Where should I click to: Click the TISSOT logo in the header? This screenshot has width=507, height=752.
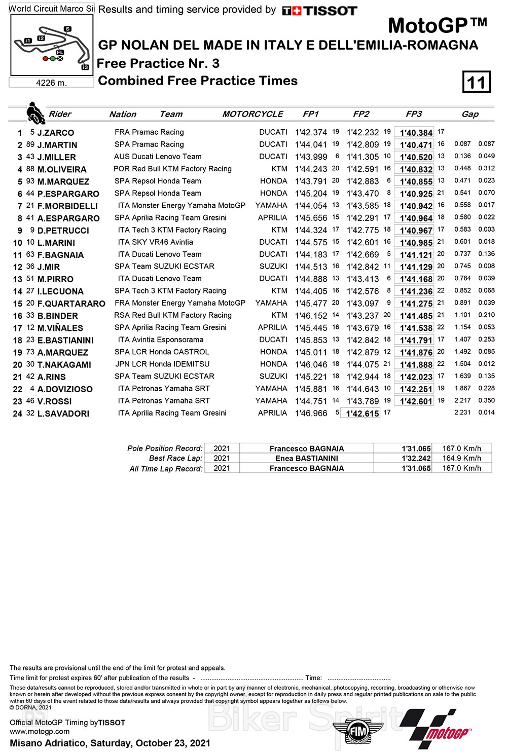(x=319, y=10)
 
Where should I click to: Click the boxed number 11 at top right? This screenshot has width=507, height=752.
(x=476, y=82)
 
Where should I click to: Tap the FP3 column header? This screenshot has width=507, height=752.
(x=414, y=114)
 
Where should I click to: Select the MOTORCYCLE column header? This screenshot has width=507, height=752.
(x=252, y=114)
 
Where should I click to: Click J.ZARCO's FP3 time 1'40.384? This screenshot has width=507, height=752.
(x=416, y=133)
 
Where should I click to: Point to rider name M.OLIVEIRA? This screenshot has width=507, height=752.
(x=62, y=169)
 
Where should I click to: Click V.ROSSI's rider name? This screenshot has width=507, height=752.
(x=54, y=401)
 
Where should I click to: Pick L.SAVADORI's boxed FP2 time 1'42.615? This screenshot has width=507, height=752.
(x=362, y=413)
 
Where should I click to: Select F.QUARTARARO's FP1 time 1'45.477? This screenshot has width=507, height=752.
(x=311, y=304)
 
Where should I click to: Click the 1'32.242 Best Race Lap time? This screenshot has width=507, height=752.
(x=416, y=458)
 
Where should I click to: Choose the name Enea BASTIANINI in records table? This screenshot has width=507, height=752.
(x=307, y=458)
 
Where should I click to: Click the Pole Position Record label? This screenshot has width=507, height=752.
(x=165, y=448)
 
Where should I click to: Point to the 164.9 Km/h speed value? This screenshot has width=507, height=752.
(x=461, y=458)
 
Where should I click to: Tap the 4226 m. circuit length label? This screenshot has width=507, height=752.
(x=51, y=83)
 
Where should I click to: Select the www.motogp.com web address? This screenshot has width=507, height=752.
(x=40, y=731)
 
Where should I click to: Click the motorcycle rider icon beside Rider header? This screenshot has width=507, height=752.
(x=35, y=114)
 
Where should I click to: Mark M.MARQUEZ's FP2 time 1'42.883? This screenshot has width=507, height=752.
(x=363, y=181)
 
